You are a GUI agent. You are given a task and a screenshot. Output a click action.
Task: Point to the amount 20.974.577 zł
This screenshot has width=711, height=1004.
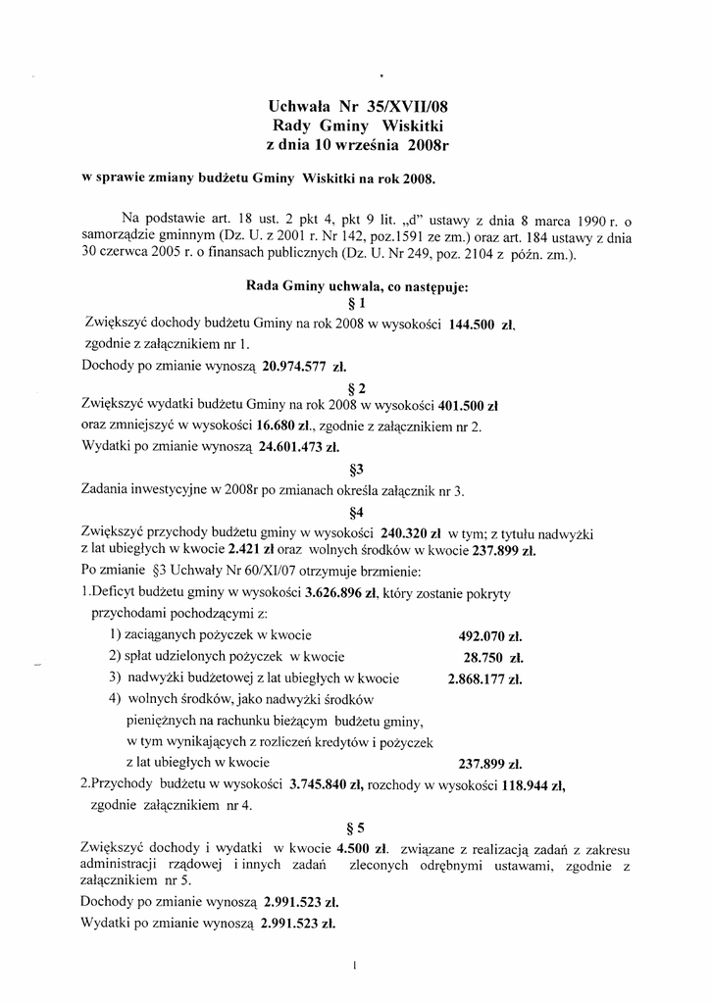tap(299, 366)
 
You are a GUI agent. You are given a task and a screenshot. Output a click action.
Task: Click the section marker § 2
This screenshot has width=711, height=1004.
tap(356, 386)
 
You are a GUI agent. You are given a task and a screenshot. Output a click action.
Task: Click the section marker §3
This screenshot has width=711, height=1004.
tap(356, 469)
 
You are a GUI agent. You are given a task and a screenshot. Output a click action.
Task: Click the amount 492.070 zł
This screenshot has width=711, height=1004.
tap(490, 634)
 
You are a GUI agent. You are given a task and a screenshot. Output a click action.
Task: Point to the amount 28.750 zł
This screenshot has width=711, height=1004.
tap(493, 657)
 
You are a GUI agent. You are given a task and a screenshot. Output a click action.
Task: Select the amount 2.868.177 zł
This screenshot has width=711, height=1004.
tap(484, 678)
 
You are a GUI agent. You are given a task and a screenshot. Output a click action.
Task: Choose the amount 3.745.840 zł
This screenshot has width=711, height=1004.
tap(327, 784)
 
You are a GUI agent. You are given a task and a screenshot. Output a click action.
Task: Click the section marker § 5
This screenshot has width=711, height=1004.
tap(356, 827)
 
